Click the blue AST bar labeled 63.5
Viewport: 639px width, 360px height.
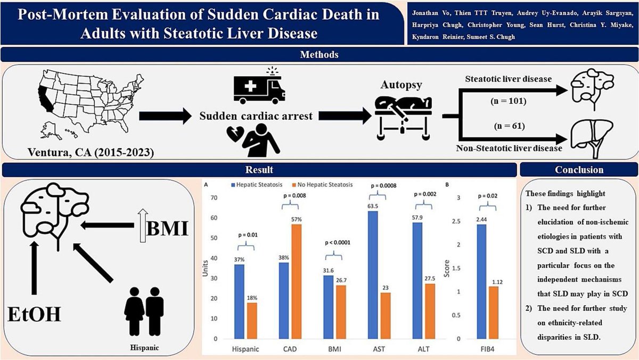(x=373, y=275)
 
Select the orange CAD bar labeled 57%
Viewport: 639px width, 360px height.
(x=297, y=282)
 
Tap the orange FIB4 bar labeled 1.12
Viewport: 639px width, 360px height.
(x=494, y=313)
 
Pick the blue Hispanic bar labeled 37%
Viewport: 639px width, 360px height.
(x=239, y=301)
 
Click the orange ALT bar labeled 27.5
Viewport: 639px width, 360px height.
(x=430, y=311)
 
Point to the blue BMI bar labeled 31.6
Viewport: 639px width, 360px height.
(x=329, y=307)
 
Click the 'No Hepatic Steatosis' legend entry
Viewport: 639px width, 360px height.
(x=322, y=185)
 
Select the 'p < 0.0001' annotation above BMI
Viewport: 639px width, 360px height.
(x=338, y=243)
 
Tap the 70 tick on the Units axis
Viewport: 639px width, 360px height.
(x=214, y=198)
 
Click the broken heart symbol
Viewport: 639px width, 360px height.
(x=235, y=134)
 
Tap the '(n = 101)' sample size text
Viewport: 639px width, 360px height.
(x=509, y=101)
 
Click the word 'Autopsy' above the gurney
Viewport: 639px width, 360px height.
(x=401, y=85)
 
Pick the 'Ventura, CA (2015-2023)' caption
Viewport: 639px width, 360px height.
(x=91, y=152)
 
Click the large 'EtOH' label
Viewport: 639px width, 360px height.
(x=34, y=314)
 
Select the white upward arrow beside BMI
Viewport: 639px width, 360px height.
(x=143, y=225)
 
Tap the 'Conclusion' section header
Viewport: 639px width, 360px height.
(x=579, y=170)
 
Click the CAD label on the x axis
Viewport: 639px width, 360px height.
(x=290, y=349)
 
